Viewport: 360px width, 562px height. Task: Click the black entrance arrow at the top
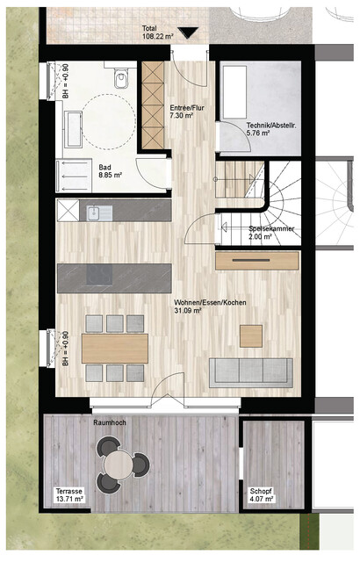tap(188, 33)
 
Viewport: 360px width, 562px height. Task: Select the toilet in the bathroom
tap(122, 81)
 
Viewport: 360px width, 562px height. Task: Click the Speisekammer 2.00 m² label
tap(272, 233)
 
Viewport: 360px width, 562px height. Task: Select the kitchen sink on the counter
tap(95, 212)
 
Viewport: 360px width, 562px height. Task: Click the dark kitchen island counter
tap(114, 277)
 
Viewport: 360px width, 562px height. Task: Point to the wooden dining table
tap(115, 348)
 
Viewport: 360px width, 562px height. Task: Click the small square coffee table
tap(251, 335)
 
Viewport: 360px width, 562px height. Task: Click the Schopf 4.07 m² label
tap(261, 495)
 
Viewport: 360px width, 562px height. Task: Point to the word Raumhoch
tap(111, 422)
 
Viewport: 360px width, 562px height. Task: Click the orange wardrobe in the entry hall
tap(154, 105)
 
